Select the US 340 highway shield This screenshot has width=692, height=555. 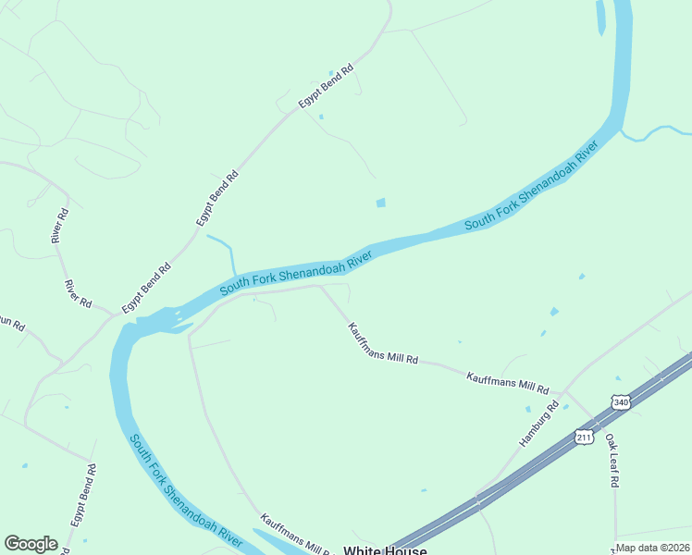coord(620,402)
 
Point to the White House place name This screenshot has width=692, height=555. coord(385,550)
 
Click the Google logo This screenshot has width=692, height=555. coord(31,544)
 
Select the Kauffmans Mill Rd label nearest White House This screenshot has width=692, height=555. coord(294,534)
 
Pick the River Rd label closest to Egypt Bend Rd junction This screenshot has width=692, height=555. coord(79,294)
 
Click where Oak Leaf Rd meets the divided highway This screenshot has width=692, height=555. coord(600,426)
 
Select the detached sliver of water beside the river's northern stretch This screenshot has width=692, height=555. coord(600,17)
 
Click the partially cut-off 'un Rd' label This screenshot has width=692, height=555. coord(11,325)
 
